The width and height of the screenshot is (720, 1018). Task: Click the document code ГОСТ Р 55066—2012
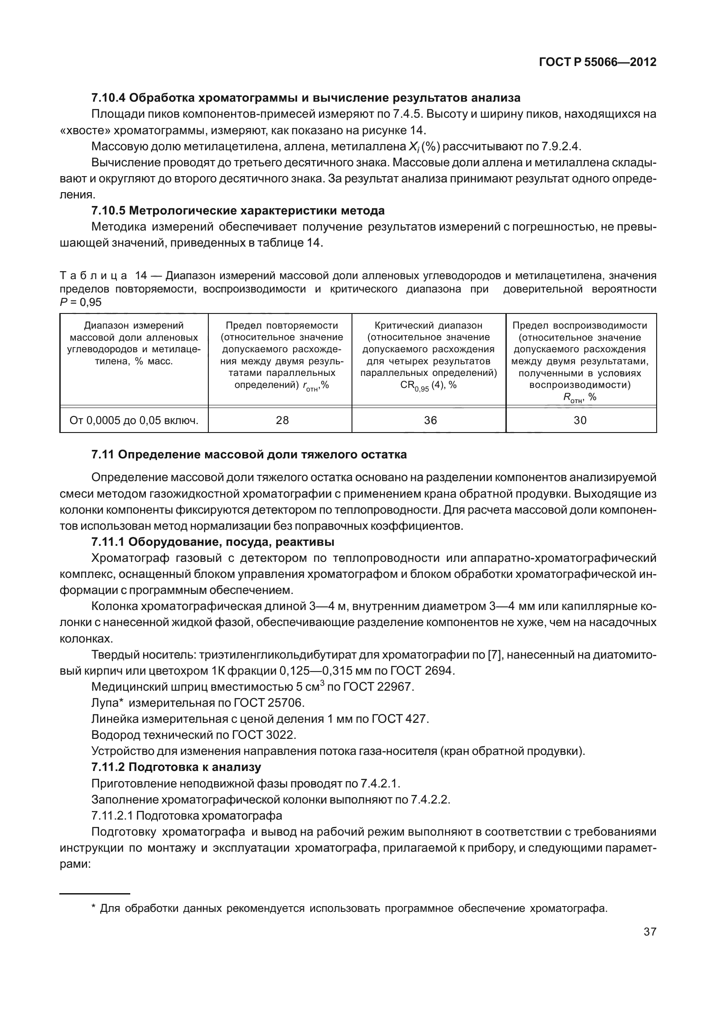[597, 62]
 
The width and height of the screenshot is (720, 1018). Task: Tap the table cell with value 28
[282, 420]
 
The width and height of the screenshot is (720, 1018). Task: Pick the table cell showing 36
[430, 420]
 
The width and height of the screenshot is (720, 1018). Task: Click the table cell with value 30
[580, 420]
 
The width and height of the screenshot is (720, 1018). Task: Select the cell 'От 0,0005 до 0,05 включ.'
[134, 420]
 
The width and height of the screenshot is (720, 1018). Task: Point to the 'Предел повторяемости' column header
[282, 326]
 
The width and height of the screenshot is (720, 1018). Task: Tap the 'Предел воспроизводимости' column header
[580, 326]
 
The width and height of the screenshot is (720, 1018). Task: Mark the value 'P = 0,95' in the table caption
[81, 302]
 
